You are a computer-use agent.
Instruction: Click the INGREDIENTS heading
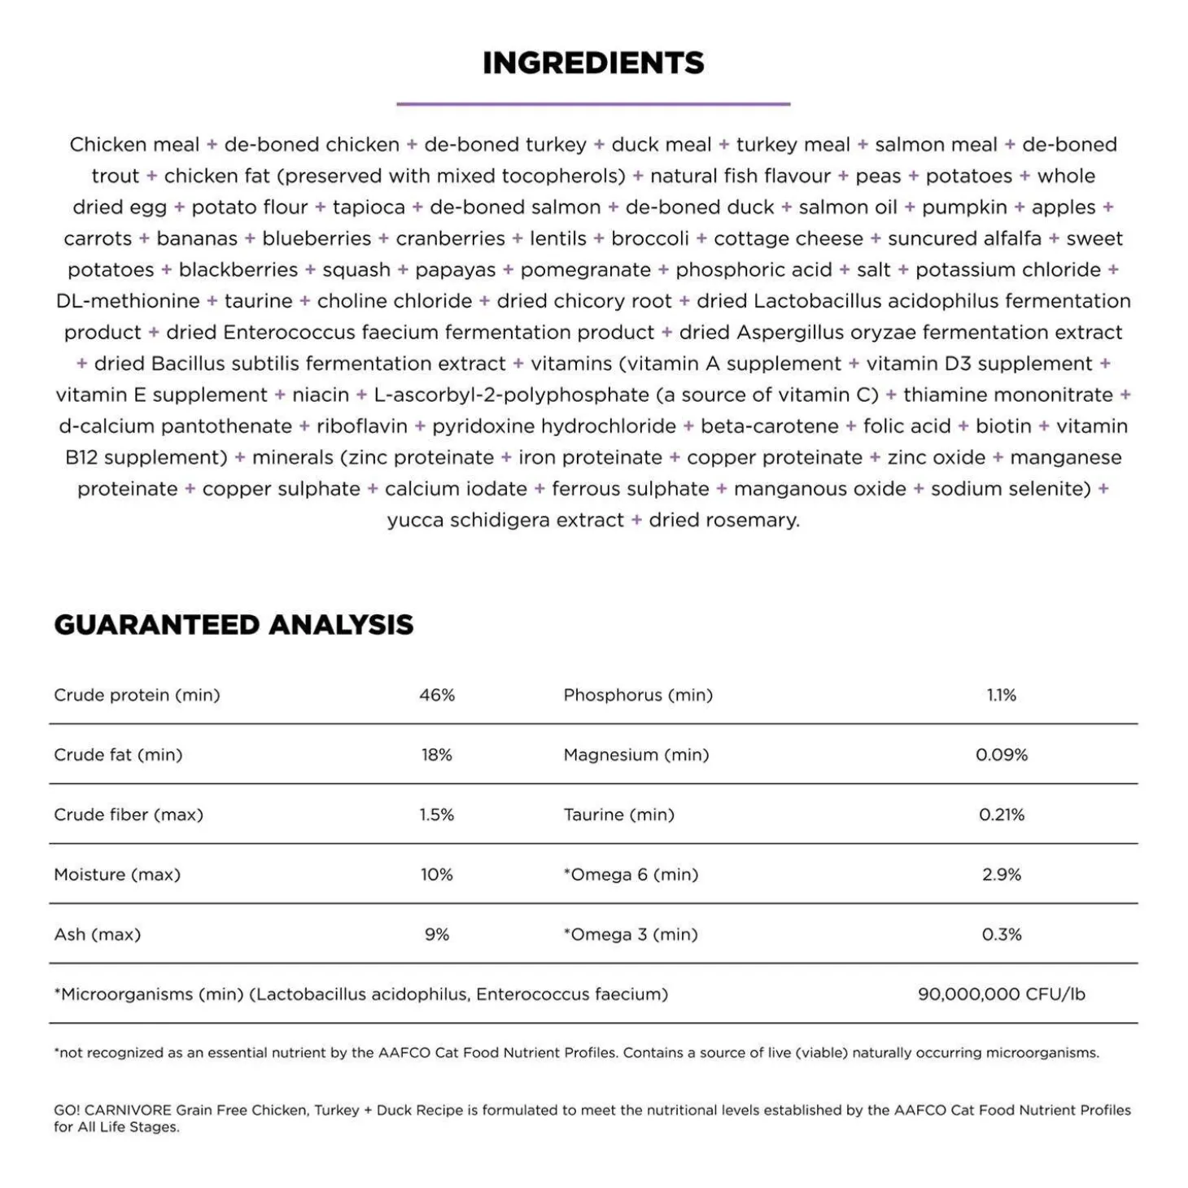coord(593,63)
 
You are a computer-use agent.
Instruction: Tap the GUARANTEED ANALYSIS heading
coord(234,625)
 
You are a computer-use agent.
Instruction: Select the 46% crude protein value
coord(437,696)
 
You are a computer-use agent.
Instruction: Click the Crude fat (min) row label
coord(118,755)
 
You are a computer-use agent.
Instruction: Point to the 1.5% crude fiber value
coord(437,815)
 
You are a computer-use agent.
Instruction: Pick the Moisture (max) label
coord(117,875)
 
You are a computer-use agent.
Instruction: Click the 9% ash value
coord(437,934)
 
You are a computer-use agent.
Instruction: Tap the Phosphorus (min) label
coord(638,696)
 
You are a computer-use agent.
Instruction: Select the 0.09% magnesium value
coord(1002,755)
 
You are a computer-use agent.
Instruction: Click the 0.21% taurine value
coord(1002,815)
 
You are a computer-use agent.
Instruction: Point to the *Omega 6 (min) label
coord(631,875)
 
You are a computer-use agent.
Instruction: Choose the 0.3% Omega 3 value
coord(1002,934)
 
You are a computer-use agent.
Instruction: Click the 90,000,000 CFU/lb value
coord(1002,994)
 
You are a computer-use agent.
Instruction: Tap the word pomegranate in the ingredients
coord(585,270)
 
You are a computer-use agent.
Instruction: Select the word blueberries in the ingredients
coord(317,239)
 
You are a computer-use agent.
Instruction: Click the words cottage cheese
coord(788,239)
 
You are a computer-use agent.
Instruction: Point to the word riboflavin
coord(361,426)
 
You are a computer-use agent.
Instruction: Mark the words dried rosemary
coord(723,521)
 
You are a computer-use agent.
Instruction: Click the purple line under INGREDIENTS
coord(593,104)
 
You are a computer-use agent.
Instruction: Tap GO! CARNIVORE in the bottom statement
coord(112,1110)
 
